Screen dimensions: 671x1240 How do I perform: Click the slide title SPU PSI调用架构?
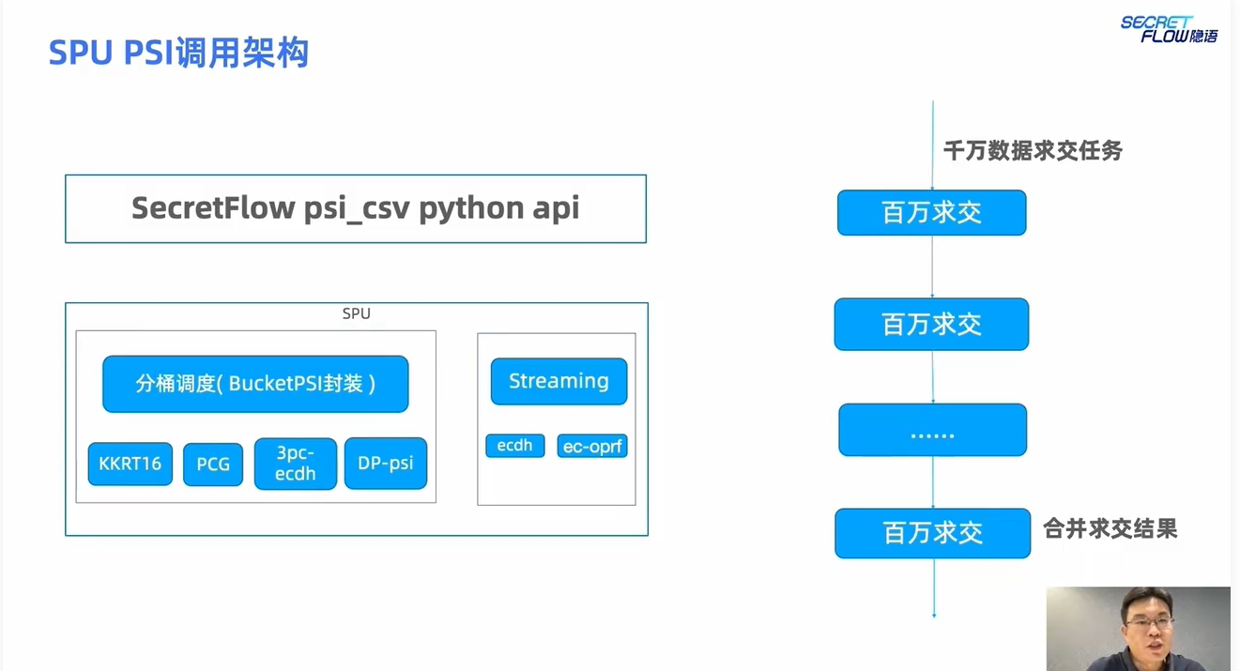coord(178,53)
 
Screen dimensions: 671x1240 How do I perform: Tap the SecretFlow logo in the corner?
coord(1169,29)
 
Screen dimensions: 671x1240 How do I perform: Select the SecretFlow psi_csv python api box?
coord(355,208)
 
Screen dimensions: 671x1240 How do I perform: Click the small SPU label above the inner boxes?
coord(356,313)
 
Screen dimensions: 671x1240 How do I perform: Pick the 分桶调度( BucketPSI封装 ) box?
coord(255,384)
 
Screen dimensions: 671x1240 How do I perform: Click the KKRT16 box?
coord(130,464)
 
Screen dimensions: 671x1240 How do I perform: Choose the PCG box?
coord(213,465)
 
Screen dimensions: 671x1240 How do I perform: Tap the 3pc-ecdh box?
coord(296,464)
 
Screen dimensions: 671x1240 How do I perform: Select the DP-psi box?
coord(386,464)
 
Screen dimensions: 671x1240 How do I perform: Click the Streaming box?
coord(559,381)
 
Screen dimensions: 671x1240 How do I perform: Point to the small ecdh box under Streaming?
coord(515,446)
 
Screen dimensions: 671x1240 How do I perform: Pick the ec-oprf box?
coord(592,447)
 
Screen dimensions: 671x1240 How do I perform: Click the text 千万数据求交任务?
coord(1033,150)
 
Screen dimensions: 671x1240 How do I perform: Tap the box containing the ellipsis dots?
coord(932,430)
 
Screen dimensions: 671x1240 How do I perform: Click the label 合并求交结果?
coord(1110,529)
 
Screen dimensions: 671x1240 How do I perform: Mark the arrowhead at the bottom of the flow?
coord(934,615)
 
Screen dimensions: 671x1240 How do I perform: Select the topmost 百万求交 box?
coord(931,212)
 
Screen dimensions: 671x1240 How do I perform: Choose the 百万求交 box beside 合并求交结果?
coord(932,533)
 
